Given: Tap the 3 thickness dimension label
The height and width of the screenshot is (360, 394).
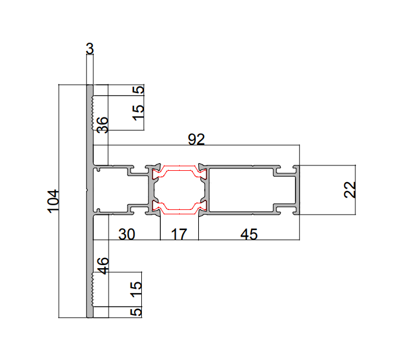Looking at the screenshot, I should click(90, 49).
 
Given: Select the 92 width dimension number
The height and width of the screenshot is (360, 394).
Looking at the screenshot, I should click(196, 139).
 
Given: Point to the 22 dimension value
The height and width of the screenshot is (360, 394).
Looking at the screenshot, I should click(350, 189).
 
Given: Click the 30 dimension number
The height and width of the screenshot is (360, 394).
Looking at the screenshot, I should click(126, 234).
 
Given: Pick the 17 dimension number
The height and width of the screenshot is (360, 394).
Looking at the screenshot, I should click(179, 234).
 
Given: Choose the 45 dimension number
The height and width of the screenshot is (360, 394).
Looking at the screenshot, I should click(249, 234).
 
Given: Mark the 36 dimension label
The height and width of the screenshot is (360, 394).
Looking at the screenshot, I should click(102, 125).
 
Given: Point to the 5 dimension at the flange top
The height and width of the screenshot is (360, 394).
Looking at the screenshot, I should click(138, 90).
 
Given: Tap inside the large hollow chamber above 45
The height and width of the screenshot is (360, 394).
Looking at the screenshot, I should click(249, 189).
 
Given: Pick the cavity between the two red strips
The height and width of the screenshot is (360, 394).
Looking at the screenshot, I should click(179, 189).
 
